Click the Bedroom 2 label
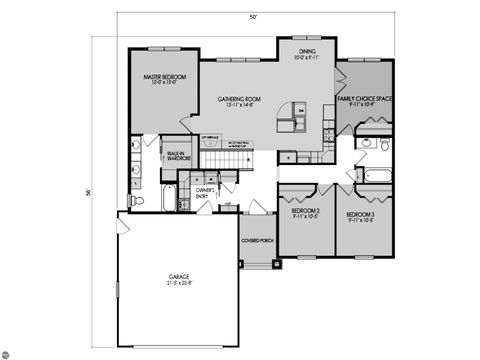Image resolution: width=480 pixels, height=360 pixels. (x=304, y=213)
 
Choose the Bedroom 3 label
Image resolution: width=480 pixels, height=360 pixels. (x=360, y=214)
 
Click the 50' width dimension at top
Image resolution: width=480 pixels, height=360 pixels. (x=254, y=17)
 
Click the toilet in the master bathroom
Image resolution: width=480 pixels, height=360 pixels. (x=139, y=200)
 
